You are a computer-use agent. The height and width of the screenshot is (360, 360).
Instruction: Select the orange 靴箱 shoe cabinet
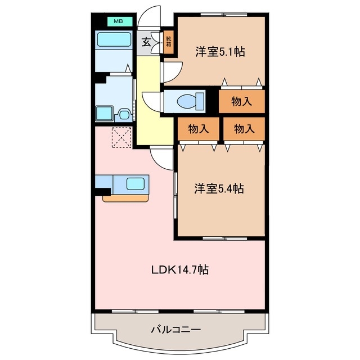(168, 43)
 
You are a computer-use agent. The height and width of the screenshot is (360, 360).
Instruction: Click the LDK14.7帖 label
(180, 270)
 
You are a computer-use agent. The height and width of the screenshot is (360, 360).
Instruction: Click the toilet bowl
(186, 102)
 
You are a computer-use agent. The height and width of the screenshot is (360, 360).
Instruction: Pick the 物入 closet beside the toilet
(241, 102)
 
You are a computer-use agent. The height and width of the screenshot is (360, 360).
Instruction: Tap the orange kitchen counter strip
(126, 197)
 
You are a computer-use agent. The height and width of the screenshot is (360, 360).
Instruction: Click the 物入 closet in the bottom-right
(243, 129)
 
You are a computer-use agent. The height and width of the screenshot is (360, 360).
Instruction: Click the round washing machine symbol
(123, 115)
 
